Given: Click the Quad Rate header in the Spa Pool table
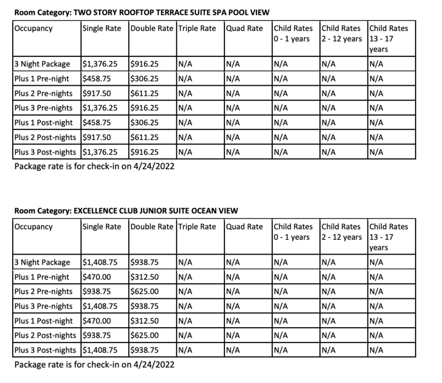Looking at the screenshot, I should [x=245, y=28].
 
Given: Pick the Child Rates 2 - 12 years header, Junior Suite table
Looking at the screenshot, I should [x=342, y=232].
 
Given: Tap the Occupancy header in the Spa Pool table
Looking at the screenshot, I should [x=35, y=28].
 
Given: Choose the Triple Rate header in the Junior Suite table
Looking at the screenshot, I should [x=197, y=227].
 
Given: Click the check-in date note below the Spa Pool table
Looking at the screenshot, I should [x=88, y=165].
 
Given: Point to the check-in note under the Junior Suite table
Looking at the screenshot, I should [x=88, y=365].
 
